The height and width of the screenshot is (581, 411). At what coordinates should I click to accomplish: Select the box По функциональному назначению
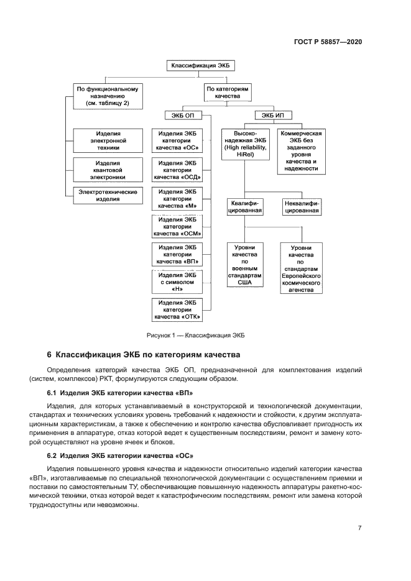[106, 96]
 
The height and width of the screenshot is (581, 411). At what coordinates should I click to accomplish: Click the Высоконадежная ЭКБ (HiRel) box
[244, 145]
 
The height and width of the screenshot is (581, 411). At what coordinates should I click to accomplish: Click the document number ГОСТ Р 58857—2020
[328, 42]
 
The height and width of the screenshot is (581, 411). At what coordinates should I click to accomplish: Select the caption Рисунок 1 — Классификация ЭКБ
[196, 335]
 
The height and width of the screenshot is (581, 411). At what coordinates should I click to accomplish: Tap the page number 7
[360, 528]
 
